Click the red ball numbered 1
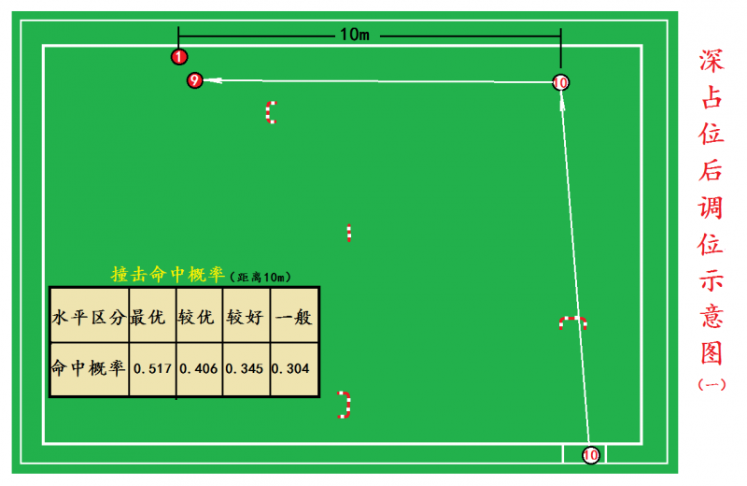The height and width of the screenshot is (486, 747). pos(179,57)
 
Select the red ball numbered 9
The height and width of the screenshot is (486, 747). pos(194,80)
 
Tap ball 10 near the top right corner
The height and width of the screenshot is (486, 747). pos(560,82)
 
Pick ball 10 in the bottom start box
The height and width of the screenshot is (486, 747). pos(590,455)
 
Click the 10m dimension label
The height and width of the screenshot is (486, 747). pos(355,35)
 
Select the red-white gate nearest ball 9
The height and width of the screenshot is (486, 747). pos(271,112)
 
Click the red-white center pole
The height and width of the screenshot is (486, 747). pos(349,233)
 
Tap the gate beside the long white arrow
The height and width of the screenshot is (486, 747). pos(572,323)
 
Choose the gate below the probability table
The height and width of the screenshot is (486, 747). pos(345,405)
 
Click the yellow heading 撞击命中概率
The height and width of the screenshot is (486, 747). pos(167,275)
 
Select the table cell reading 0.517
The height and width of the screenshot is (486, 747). pos(152,368)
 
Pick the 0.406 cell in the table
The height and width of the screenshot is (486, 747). pos(198,368)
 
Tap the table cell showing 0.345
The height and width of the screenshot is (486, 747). pos(245,368)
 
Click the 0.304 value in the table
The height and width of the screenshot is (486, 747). pos(290,368)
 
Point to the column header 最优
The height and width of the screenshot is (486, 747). pos(151,317)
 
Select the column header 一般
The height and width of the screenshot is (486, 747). pos(291,317)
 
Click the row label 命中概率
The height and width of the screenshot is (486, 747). pos(89,368)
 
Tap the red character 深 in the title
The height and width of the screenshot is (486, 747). pos(712,61)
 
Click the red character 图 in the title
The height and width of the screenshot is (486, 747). pos(712,352)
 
